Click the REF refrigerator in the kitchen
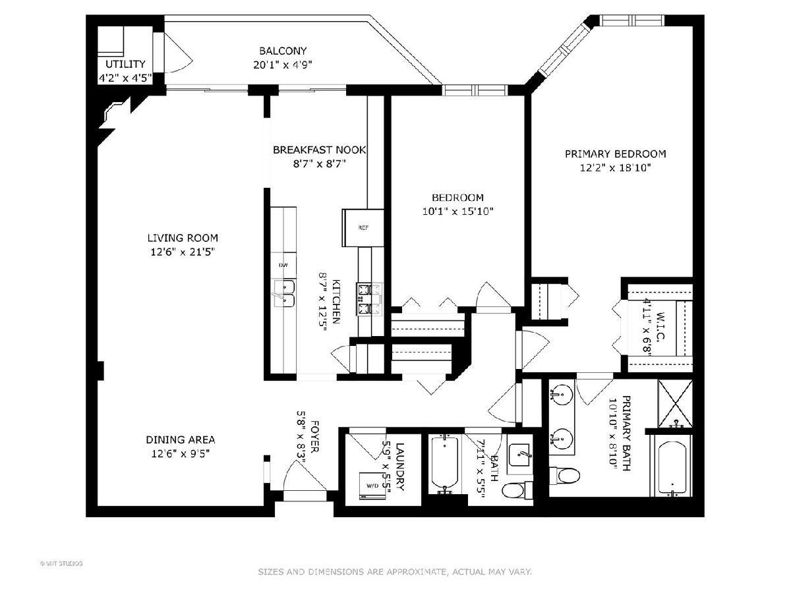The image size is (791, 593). pyautogui.click(x=363, y=227)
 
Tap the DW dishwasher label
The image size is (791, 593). pyautogui.click(x=283, y=266)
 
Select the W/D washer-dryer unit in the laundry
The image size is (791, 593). pyautogui.click(x=372, y=486)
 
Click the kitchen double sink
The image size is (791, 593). pyautogui.click(x=284, y=293)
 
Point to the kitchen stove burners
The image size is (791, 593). pyautogui.click(x=369, y=299)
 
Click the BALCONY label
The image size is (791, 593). pyautogui.click(x=283, y=51)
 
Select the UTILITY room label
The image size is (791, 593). pyautogui.click(x=125, y=64)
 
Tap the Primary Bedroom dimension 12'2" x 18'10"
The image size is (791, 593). pyautogui.click(x=615, y=168)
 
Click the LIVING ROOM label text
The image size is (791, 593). pyautogui.click(x=183, y=238)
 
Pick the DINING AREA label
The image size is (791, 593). pyautogui.click(x=181, y=439)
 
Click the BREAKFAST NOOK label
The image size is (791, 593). pyautogui.click(x=319, y=150)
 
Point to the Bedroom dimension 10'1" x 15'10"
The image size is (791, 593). pyautogui.click(x=457, y=212)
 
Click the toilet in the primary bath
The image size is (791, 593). pyautogui.click(x=565, y=475)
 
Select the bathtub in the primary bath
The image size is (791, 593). pyautogui.click(x=672, y=468)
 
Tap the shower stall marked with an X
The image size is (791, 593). pyautogui.click(x=675, y=403)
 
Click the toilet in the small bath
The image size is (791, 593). pyautogui.click(x=517, y=490)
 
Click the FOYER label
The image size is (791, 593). pyautogui.click(x=314, y=436)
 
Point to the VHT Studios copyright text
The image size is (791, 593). pyautogui.click(x=61, y=563)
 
